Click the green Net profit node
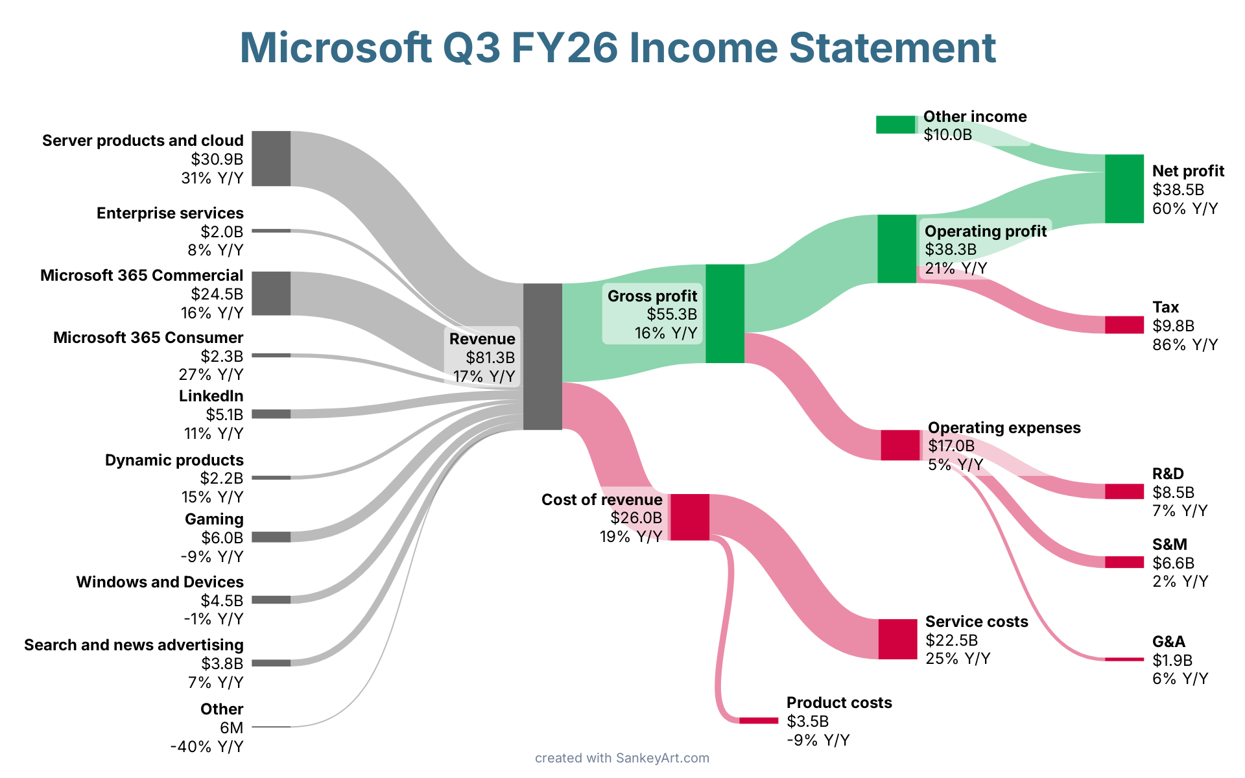pyautogui.click(x=1124, y=189)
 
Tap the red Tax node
pyautogui.click(x=1124, y=325)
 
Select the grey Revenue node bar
pyautogui.click(x=542, y=357)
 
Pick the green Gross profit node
pyautogui.click(x=724, y=313)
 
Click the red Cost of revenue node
pyautogui.click(x=689, y=517)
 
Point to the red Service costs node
pyautogui.click(x=897, y=639)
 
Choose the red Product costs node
pyautogui.click(x=758, y=720)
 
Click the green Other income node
pyautogui.click(x=895, y=124)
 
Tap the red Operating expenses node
pyautogui.click(x=900, y=445)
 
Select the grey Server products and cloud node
pyautogui.click(x=271, y=158)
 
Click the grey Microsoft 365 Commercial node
pyautogui.click(x=271, y=294)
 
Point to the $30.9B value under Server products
pyautogui.click(x=217, y=159)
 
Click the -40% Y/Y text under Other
pyautogui.click(x=207, y=747)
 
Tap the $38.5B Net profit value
pyautogui.click(x=1178, y=190)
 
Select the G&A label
pyautogui.click(x=1168, y=642)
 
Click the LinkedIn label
pyautogui.click(x=211, y=396)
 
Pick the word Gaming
pyautogui.click(x=214, y=519)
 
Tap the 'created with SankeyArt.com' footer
pyautogui.click(x=622, y=758)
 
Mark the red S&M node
pyautogui.click(x=1124, y=562)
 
